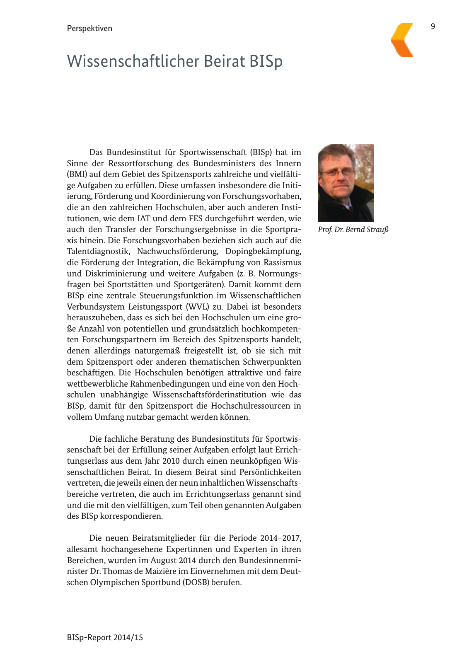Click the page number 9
click(x=433, y=27)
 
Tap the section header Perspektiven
click(x=89, y=29)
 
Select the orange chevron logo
click(x=402, y=40)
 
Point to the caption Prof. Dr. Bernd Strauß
click(x=353, y=230)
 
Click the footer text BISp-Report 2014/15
click(x=105, y=637)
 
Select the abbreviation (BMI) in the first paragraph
click(x=77, y=174)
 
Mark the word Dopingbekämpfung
click(x=263, y=252)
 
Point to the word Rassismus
click(x=282, y=263)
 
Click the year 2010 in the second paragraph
click(x=171, y=461)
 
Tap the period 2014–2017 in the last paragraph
click(x=280, y=538)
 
